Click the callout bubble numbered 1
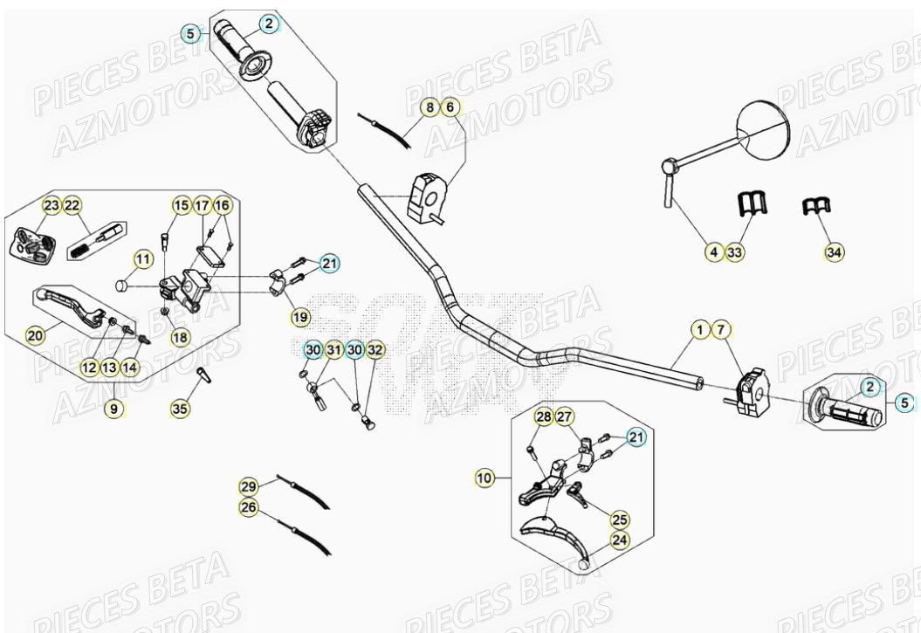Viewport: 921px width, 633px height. pyautogui.click(x=699, y=330)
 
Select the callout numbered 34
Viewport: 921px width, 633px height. pyautogui.click(x=835, y=252)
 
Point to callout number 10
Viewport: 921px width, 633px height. pyautogui.click(x=485, y=478)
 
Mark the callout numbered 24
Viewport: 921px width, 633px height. pyautogui.click(x=619, y=540)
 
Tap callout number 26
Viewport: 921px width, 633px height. pyautogui.click(x=249, y=507)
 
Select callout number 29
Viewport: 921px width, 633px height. pyautogui.click(x=249, y=485)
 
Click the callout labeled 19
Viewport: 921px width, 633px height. pyautogui.click(x=299, y=316)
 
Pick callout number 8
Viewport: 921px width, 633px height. pyautogui.click(x=430, y=107)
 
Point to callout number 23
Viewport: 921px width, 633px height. pyautogui.click(x=52, y=206)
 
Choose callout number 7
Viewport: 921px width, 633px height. pyautogui.click(x=720, y=330)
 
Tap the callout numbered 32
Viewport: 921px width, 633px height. pyautogui.click(x=375, y=350)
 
